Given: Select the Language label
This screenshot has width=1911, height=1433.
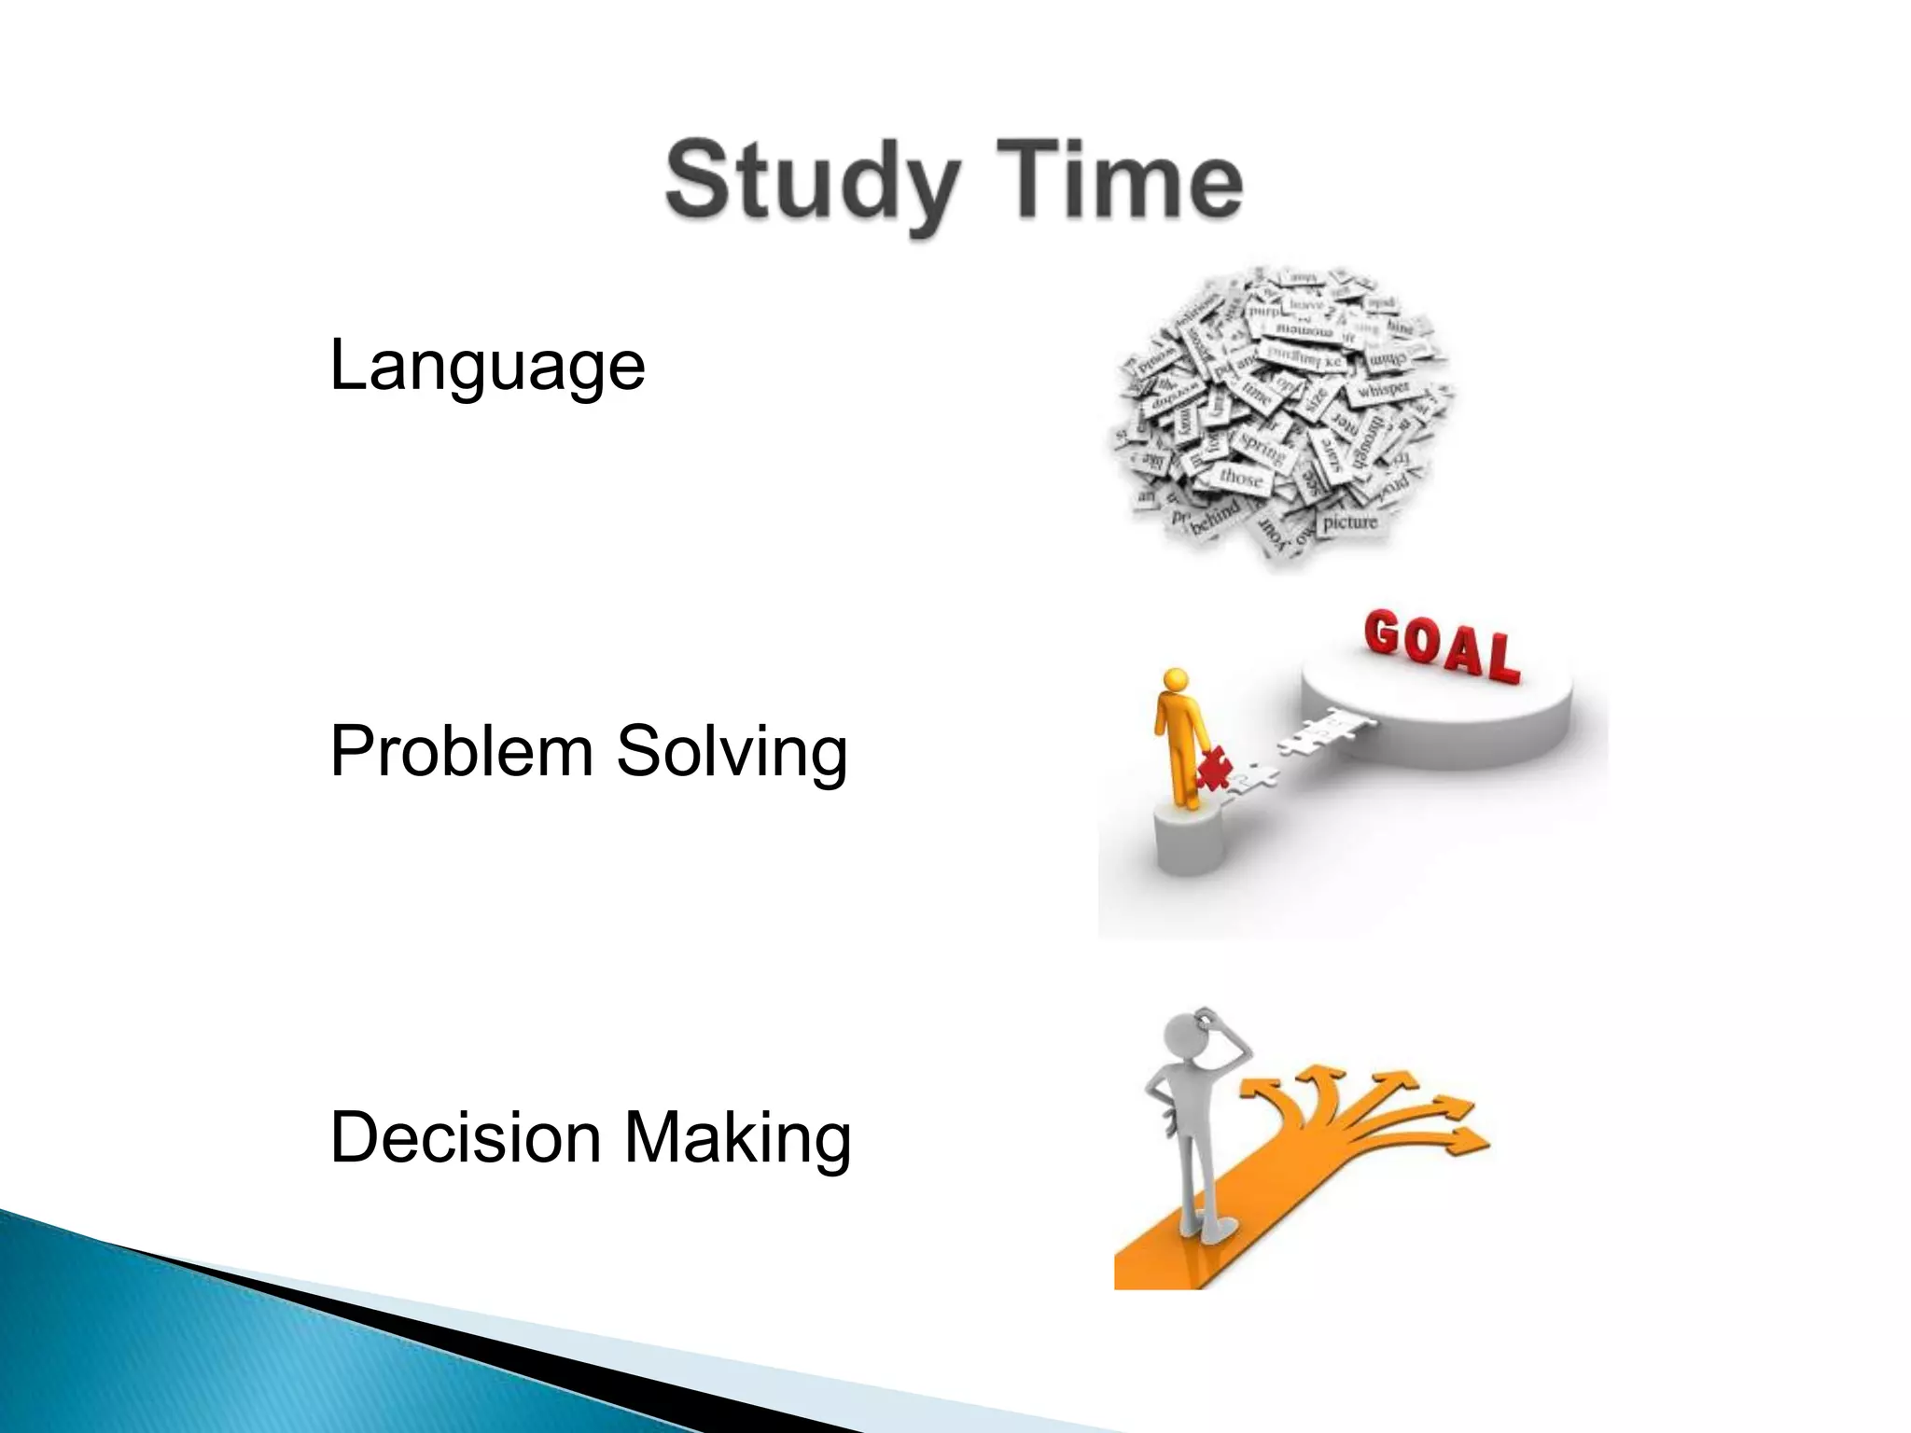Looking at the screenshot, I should [487, 365].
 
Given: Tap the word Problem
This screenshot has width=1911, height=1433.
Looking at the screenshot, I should [462, 751].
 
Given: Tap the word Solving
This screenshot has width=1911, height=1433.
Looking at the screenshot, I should [732, 753].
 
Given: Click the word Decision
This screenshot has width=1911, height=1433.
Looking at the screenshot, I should [466, 1137].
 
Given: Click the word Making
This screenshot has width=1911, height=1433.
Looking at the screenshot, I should [737, 1138].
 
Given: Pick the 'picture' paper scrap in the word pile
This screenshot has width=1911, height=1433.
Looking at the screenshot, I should [1349, 522].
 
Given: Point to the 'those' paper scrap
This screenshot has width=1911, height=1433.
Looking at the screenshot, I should [1242, 477].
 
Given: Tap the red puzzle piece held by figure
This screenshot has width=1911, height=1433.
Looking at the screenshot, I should [1214, 771].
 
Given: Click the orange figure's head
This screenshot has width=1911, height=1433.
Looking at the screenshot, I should [1175, 679].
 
